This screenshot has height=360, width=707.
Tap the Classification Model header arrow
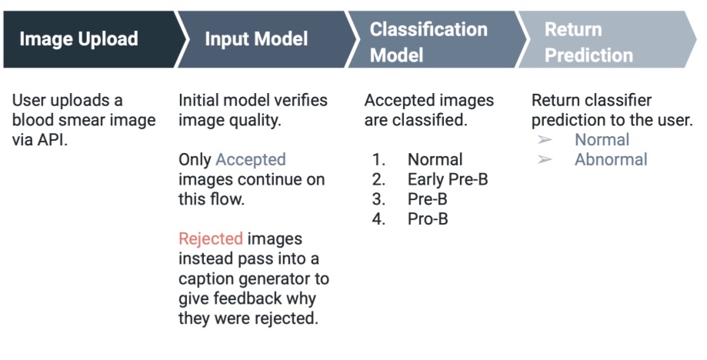[436, 39]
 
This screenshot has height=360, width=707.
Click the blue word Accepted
[251, 159]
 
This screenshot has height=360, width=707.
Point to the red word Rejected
[211, 238]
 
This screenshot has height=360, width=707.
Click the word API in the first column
[52, 140]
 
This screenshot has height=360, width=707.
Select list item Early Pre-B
[448, 179]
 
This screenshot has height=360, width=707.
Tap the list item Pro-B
[428, 219]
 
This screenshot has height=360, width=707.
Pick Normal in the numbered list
[435, 159]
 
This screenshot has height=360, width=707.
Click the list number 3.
[379, 199]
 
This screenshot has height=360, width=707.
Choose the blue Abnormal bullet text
[611, 159]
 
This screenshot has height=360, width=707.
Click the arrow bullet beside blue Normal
[545, 140]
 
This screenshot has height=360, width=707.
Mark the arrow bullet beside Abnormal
[545, 159]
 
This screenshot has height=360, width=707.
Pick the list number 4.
[379, 219]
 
